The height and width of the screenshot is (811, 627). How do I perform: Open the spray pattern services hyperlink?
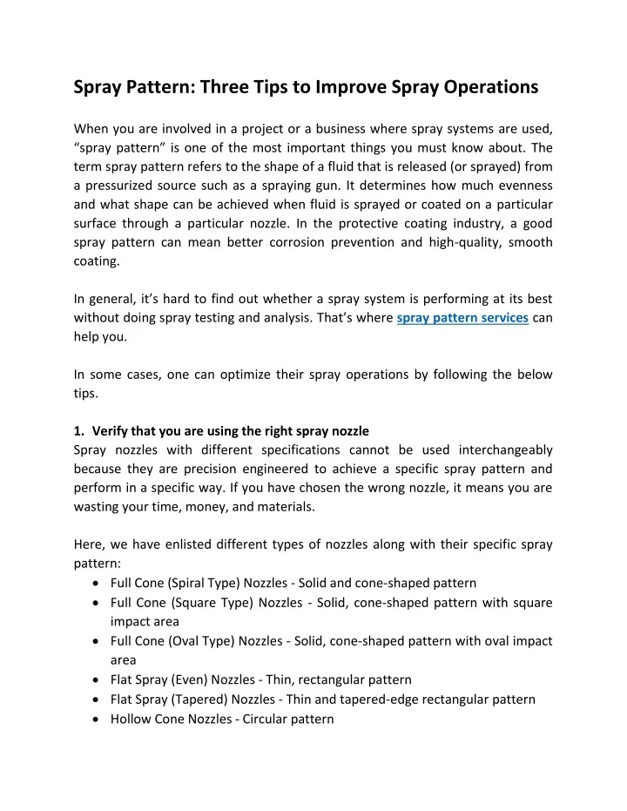click(x=462, y=318)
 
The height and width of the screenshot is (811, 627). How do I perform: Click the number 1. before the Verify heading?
click(x=80, y=431)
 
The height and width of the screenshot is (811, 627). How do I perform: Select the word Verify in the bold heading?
click(x=110, y=431)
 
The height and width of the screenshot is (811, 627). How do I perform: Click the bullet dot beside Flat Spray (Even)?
click(x=94, y=679)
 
